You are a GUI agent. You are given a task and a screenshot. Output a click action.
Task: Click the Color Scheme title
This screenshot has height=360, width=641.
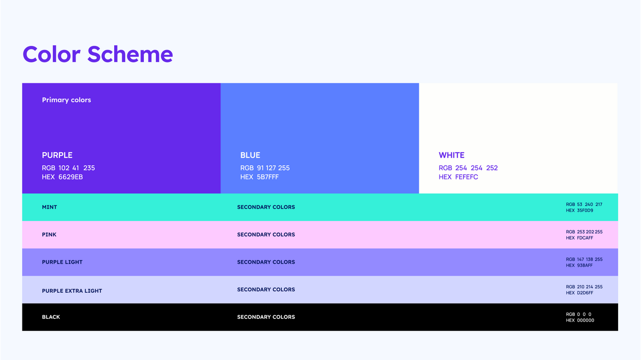point(97,54)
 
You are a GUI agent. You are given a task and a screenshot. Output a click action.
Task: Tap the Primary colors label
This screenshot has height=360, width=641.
point(66,100)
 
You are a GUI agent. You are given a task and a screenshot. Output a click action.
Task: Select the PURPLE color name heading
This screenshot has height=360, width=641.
point(57,155)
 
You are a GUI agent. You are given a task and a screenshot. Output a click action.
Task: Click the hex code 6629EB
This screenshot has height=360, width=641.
point(70,177)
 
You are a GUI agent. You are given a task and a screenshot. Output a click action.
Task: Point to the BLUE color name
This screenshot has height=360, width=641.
point(250,155)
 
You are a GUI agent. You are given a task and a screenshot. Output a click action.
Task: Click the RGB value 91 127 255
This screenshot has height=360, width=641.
point(273,168)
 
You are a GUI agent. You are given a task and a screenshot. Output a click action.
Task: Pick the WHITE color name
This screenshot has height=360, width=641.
point(451,155)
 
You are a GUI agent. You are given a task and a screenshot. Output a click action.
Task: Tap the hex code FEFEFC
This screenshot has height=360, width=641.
point(466,177)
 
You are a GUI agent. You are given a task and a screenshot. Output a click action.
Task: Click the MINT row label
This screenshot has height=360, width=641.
point(50,207)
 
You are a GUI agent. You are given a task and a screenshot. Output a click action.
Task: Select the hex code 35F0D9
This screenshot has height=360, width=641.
point(585,210)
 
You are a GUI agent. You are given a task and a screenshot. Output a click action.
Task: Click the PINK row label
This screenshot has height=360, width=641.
point(49,234)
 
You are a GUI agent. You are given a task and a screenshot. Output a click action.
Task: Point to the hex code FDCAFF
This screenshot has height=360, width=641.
point(585,238)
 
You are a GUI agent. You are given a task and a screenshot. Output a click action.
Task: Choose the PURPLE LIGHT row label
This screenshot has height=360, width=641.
point(62,262)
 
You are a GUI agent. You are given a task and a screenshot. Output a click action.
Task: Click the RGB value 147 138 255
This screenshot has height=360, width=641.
point(589,259)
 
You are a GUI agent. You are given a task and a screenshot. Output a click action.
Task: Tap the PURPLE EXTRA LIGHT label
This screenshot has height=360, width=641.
point(72,291)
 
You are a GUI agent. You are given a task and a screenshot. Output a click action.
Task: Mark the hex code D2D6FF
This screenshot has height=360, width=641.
point(585,293)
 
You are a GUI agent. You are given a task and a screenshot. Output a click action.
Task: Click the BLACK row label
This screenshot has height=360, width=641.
point(51,317)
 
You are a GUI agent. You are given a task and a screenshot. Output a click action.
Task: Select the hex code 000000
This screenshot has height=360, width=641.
point(585,320)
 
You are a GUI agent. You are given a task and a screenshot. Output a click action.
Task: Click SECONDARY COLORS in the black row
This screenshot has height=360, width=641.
point(266,317)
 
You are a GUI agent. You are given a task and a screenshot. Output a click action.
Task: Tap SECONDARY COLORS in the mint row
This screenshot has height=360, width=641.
point(266,207)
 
